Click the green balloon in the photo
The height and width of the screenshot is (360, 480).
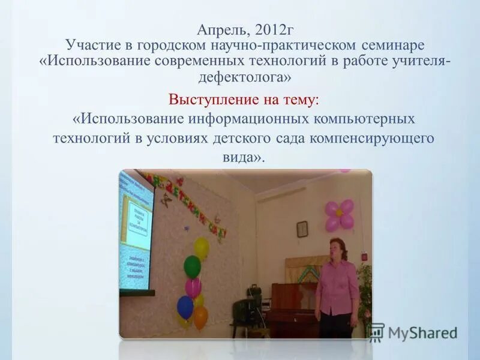192,266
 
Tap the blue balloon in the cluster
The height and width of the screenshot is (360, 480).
185,307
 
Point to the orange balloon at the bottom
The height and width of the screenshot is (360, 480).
200,317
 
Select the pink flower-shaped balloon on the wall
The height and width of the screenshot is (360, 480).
339,215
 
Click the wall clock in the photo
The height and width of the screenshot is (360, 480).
302,229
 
